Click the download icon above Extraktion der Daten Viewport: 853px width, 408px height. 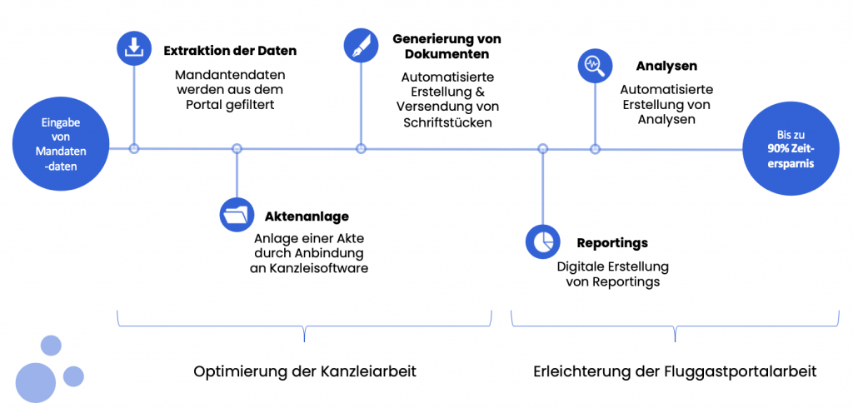[133, 47]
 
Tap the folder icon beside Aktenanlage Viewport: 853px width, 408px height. [236, 214]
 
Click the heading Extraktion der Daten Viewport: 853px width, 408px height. [230, 51]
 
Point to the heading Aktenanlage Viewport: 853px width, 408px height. [307, 216]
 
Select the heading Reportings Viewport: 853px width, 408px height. [612, 242]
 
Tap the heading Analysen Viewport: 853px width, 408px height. [666, 67]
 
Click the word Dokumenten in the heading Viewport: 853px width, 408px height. [447, 55]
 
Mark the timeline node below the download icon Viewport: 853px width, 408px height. [134, 148]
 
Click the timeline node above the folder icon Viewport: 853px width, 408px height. [236, 148]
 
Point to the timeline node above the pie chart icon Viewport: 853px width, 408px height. [542, 148]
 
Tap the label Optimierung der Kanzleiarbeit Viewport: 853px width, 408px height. [305, 372]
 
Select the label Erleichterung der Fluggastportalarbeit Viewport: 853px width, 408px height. [675, 372]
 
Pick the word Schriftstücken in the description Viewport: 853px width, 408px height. [447, 122]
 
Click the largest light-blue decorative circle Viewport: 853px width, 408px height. [36, 382]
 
